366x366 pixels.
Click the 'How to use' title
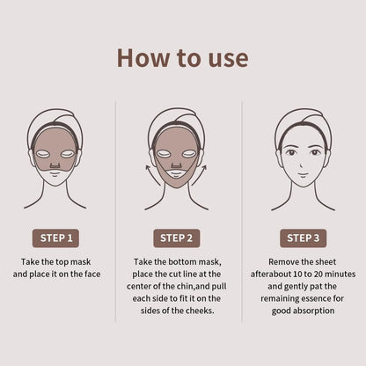point(182,58)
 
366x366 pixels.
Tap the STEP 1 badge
point(56,238)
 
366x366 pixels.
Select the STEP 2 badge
point(182,238)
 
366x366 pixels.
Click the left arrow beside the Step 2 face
point(151,172)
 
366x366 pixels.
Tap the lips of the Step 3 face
point(304,172)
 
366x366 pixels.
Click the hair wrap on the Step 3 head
point(304,121)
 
